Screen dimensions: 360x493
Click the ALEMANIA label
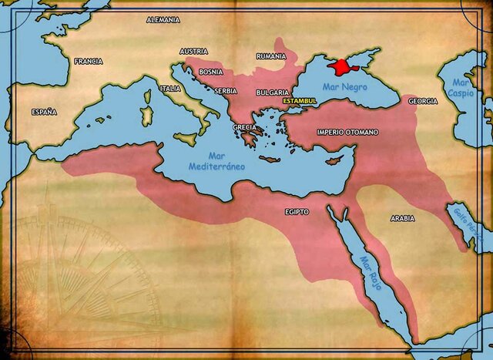click(x=163, y=19)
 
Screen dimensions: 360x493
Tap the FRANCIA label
click(x=89, y=61)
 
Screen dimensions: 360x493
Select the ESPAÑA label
click(x=44, y=112)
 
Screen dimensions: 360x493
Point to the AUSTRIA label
click(x=193, y=52)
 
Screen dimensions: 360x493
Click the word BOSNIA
click(x=210, y=72)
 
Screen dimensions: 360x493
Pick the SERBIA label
click(x=226, y=90)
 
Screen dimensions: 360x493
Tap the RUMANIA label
click(x=271, y=56)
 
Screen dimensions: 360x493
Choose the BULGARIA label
click(x=272, y=93)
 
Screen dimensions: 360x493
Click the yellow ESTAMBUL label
click(x=300, y=102)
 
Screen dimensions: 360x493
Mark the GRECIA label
click(x=244, y=127)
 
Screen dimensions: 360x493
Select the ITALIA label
click(x=170, y=89)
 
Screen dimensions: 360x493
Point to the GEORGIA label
click(x=423, y=101)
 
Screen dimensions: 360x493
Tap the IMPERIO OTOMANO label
click(x=347, y=133)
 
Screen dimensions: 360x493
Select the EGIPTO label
click(x=297, y=211)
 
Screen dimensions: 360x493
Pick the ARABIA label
click(x=402, y=219)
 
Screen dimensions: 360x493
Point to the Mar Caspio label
click(x=461, y=87)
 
